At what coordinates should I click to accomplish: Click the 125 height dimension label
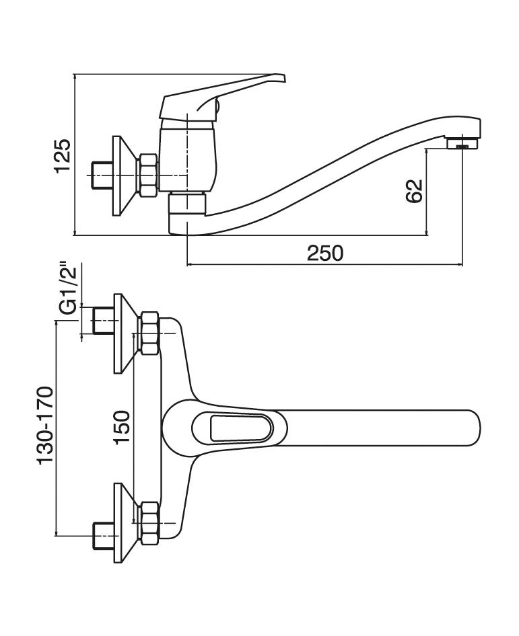(x=63, y=155)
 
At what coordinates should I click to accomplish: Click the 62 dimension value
(x=414, y=190)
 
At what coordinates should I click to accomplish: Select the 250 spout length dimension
(x=325, y=253)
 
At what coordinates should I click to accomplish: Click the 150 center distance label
(x=122, y=428)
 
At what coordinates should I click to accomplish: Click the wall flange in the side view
(x=120, y=176)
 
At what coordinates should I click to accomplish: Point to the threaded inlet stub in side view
(x=101, y=175)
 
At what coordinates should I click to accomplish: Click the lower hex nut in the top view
(x=147, y=522)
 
